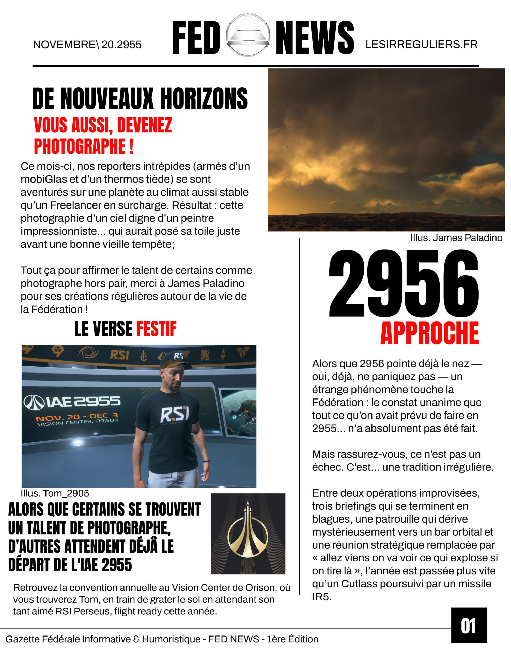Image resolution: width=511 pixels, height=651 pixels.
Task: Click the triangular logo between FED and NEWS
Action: (248, 35)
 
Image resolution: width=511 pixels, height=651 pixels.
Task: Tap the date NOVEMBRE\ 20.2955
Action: (87, 45)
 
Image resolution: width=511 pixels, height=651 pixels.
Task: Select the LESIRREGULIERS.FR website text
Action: (421, 44)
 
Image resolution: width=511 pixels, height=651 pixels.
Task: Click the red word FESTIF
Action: (157, 329)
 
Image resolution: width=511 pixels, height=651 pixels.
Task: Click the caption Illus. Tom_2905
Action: (55, 493)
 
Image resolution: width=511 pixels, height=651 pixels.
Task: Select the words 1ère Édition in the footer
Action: (292, 639)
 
